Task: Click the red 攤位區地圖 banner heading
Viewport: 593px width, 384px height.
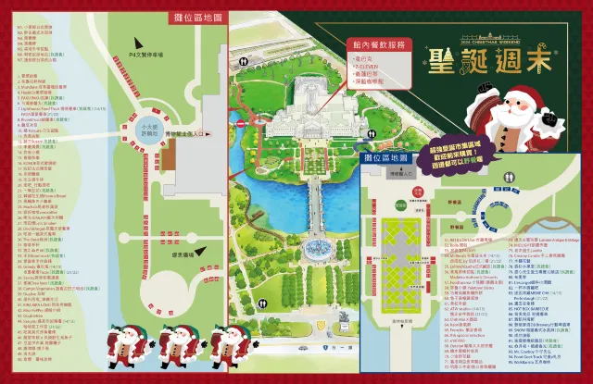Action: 197,17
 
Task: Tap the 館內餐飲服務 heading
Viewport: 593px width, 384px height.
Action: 378,43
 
